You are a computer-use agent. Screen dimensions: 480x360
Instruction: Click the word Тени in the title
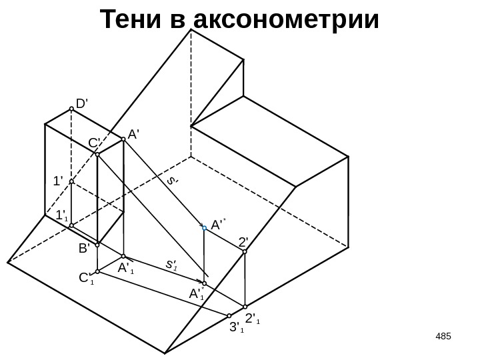tap(134, 20)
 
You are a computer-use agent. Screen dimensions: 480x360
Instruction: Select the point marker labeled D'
tap(71, 111)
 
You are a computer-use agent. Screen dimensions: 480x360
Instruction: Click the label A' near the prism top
tap(133, 134)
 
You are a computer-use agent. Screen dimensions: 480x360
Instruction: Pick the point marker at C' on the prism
tap(97, 155)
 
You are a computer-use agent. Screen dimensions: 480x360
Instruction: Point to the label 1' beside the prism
tap(58, 181)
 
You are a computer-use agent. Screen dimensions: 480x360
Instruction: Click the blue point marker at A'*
tap(205, 228)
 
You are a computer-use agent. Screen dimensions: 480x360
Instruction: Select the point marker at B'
tap(97, 243)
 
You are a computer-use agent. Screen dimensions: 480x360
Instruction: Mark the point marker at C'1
tap(97, 272)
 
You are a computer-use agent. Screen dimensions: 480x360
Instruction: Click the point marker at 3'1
tap(229, 315)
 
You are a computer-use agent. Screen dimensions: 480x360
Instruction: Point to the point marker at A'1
tap(123, 256)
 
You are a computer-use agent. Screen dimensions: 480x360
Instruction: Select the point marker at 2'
tap(245, 253)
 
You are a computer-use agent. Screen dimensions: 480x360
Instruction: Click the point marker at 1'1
tap(71, 225)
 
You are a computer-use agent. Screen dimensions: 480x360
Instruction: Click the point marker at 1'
tap(71, 181)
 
